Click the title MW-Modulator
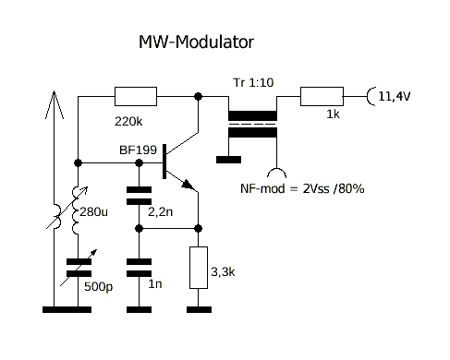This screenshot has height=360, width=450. [x=196, y=42]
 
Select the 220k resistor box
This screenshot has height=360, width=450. [x=136, y=96]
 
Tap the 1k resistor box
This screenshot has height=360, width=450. [x=322, y=96]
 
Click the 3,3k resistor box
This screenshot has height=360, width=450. [x=199, y=268]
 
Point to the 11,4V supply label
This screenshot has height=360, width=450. [x=395, y=96]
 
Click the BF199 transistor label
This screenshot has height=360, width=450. [x=138, y=150]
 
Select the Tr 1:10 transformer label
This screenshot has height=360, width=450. [x=253, y=82]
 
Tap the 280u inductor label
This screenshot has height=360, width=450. [x=93, y=211]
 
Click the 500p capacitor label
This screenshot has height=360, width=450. [x=99, y=287]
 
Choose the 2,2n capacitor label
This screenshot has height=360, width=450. [x=160, y=211]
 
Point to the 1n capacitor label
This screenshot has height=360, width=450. [x=155, y=283]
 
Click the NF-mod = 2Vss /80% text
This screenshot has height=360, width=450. [x=302, y=188]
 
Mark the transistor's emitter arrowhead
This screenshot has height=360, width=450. [x=189, y=185]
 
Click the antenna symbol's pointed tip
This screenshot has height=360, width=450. [x=54, y=91]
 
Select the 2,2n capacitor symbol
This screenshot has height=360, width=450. [x=139, y=196]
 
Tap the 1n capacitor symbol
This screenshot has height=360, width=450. [x=139, y=268]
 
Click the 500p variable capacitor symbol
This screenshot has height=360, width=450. [x=79, y=268]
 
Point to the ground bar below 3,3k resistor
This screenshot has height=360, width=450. [x=199, y=309]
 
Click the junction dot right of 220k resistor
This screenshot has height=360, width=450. [x=199, y=96]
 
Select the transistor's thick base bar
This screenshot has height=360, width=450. [x=164, y=162]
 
